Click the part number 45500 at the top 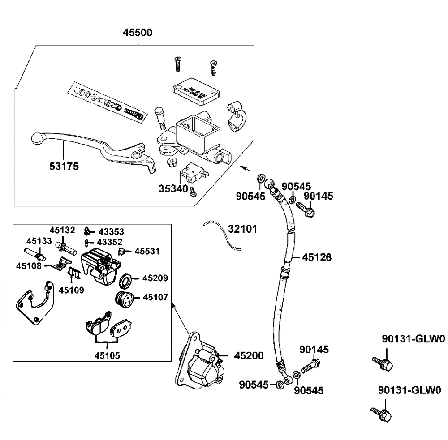click(138, 33)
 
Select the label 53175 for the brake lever click(64, 166)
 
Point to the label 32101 click(242, 229)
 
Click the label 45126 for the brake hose click(317, 257)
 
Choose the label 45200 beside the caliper click(249, 355)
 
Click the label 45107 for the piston click(155, 297)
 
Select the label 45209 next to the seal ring click(155, 278)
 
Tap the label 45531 click(148, 252)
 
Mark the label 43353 click(111, 231)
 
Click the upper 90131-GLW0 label click(414, 340)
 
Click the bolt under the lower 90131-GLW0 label click(381, 414)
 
